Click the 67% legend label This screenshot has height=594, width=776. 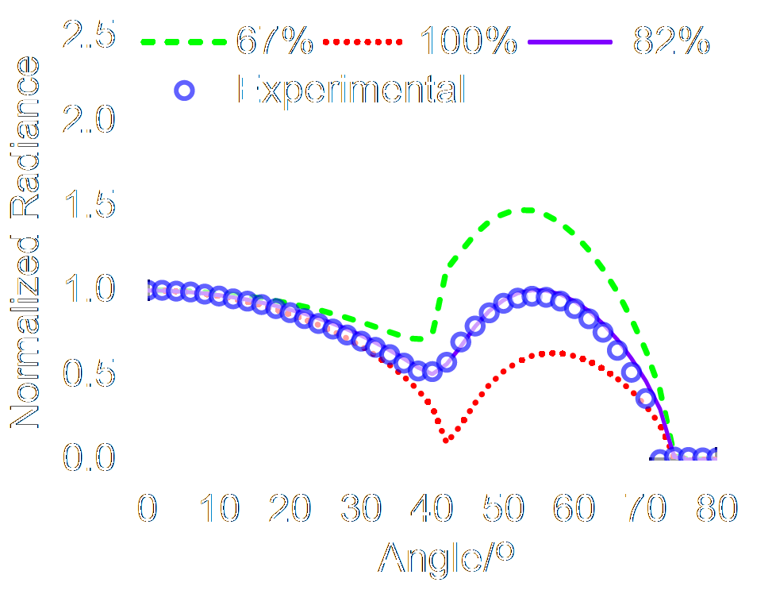tap(274, 42)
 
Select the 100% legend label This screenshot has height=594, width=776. tap(468, 42)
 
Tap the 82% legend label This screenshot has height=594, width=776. tap(670, 42)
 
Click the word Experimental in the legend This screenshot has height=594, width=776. tap(351, 91)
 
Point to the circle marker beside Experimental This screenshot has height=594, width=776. tap(185, 91)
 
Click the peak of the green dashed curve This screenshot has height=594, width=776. tap(525, 210)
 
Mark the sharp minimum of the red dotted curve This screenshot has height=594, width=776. tap(448, 439)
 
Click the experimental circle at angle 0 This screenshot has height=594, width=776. tap(148, 290)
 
